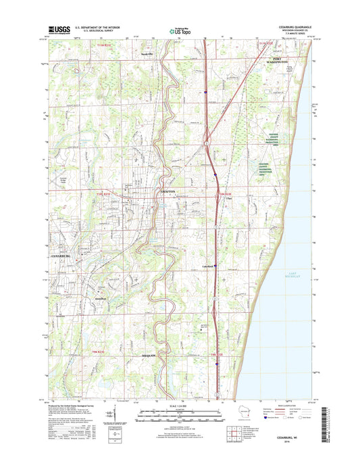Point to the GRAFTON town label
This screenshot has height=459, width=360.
pos(168,192)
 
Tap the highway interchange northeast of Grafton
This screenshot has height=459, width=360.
pos(206,143)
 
